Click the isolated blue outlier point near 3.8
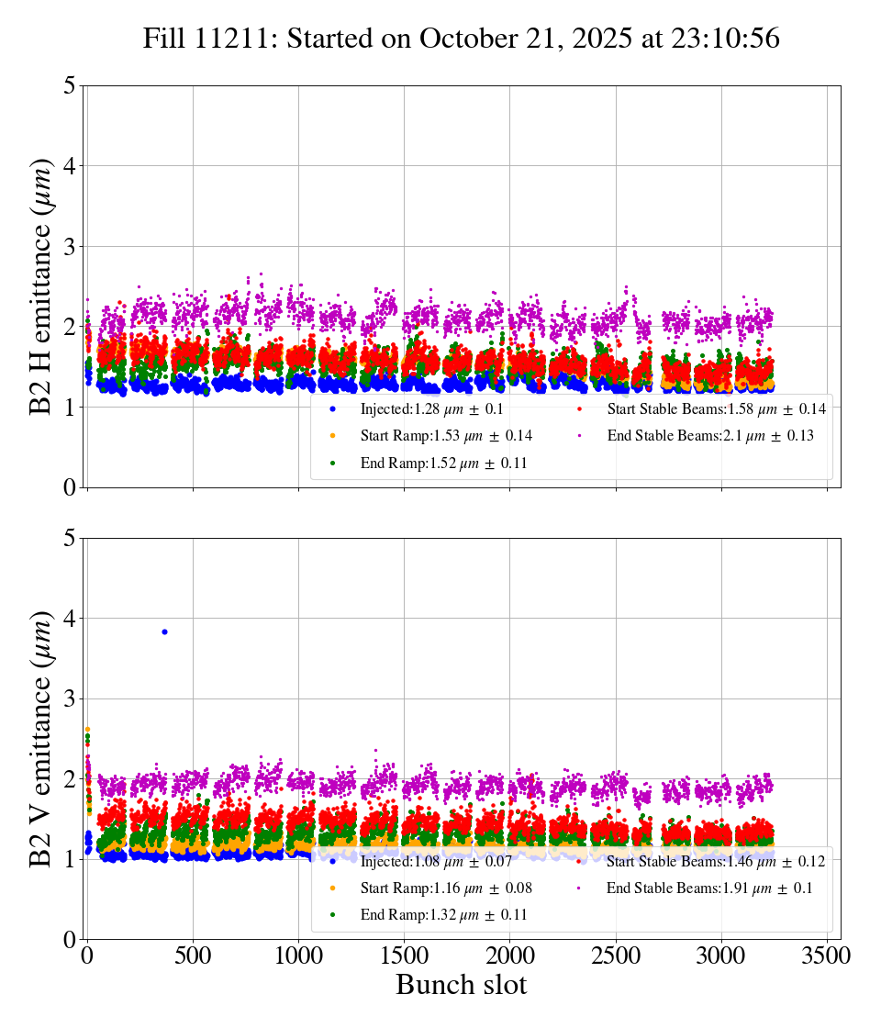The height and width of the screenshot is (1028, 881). pos(164,631)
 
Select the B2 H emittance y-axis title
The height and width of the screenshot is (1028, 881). pos(41,286)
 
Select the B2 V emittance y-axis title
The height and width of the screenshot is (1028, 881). pos(41,739)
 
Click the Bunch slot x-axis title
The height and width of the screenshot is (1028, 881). pos(462,985)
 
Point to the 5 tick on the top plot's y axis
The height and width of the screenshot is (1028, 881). pos(69,85)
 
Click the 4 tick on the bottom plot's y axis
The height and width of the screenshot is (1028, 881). pos(69,619)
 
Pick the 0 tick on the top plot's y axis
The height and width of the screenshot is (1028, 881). pos(69,487)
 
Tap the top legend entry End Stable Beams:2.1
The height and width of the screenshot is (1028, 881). pos(709,436)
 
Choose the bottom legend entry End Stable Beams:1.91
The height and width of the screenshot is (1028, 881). pos(709,888)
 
